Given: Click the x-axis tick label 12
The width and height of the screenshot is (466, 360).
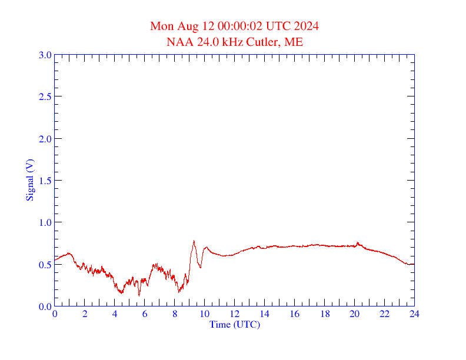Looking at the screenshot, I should [x=234, y=314].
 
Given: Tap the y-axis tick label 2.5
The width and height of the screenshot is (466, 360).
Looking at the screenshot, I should [x=45, y=96].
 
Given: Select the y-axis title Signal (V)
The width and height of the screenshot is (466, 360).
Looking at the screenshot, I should [x=29, y=180].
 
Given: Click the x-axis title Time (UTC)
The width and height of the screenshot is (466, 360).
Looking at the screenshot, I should [x=234, y=324].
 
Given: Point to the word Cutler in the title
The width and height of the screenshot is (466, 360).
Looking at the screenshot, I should [x=264, y=42].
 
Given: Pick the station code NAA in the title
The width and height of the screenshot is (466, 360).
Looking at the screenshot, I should [x=178, y=42].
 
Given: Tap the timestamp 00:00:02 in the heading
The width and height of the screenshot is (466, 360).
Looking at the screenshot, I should [x=241, y=26].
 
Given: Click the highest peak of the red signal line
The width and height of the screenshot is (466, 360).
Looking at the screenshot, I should [x=194, y=241].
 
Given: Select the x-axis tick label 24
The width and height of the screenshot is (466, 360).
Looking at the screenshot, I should [x=414, y=314].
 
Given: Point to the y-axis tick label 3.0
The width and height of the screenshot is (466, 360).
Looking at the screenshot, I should [x=45, y=55].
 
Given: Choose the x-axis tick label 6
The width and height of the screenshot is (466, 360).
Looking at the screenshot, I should [x=145, y=314].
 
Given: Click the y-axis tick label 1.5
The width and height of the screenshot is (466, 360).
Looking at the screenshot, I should [x=45, y=181].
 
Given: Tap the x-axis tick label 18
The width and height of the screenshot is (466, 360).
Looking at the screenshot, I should [x=324, y=314].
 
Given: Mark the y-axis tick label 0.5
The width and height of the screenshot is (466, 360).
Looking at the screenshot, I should [x=45, y=265].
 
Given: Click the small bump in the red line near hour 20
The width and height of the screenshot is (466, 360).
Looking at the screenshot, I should [x=357, y=242].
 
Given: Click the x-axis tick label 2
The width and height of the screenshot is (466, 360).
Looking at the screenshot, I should [x=85, y=314].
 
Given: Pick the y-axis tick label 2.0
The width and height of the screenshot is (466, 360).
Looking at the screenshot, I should [x=45, y=139].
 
